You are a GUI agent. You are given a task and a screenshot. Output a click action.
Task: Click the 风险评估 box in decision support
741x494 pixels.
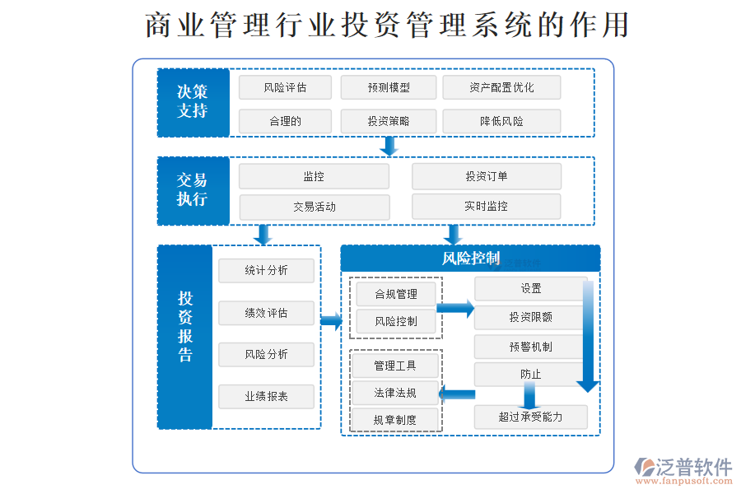pyautogui.click(x=285, y=87)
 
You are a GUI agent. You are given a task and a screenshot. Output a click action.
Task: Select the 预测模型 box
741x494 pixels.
pyautogui.click(x=389, y=87)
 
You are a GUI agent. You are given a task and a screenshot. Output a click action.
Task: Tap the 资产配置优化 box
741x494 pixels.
pyautogui.click(x=501, y=87)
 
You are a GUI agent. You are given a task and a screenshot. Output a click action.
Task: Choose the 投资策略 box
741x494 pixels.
pyautogui.click(x=389, y=121)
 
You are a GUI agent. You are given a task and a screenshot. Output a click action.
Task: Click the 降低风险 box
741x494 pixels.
pyautogui.click(x=501, y=121)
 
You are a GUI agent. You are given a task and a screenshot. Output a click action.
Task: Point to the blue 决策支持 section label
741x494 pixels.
pyautogui.click(x=193, y=103)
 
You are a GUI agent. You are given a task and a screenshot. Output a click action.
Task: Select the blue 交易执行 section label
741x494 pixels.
pyautogui.click(x=193, y=190)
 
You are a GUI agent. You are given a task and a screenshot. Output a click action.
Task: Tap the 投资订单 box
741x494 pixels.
pyautogui.click(x=486, y=176)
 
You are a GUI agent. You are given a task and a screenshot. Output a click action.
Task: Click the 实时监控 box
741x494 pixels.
pyautogui.click(x=486, y=207)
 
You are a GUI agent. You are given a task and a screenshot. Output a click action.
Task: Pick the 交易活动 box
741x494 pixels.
pyautogui.click(x=314, y=207)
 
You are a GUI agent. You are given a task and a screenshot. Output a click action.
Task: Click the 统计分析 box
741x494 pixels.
pyautogui.click(x=266, y=271)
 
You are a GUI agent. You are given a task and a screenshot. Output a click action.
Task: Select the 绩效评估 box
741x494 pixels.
pyautogui.click(x=266, y=313)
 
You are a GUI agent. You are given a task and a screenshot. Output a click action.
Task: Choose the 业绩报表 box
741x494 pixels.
pyautogui.click(x=266, y=397)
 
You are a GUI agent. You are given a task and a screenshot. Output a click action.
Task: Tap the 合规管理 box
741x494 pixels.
pyautogui.click(x=396, y=294)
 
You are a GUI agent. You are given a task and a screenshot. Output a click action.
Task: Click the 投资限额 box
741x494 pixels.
pyautogui.click(x=530, y=317)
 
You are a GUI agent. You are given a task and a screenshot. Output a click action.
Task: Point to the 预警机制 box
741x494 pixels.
pyautogui.click(x=530, y=347)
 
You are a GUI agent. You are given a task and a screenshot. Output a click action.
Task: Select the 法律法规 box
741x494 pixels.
pyautogui.click(x=395, y=393)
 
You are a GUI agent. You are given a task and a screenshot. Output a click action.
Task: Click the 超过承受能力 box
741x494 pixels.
pyautogui.click(x=530, y=417)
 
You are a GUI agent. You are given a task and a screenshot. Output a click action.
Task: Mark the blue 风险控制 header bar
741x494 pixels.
pyautogui.click(x=470, y=259)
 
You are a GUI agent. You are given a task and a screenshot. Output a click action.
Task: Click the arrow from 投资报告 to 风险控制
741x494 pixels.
pyautogui.click(x=331, y=321)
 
